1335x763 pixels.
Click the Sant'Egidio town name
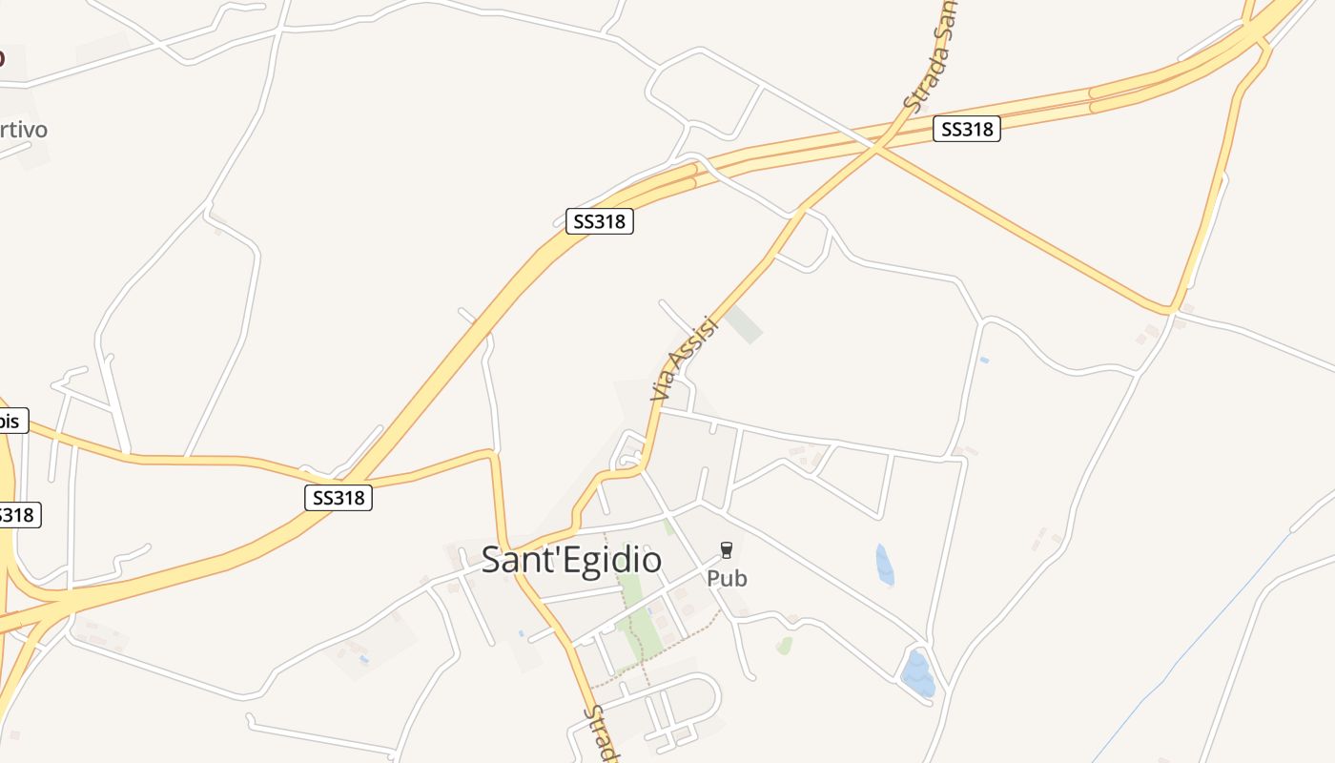571,560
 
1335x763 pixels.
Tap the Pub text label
727,578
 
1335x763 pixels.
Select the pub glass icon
727,549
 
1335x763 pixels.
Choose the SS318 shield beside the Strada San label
967,129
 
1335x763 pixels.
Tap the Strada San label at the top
930,57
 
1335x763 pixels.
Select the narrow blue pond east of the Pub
884,565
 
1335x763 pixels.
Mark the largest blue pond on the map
917,673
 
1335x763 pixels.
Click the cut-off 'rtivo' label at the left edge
23,129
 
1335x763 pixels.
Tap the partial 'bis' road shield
11,420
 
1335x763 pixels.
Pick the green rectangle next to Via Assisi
744,324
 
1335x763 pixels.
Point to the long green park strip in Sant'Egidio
633,620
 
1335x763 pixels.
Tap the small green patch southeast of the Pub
784,646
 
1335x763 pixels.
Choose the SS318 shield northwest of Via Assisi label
599,221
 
